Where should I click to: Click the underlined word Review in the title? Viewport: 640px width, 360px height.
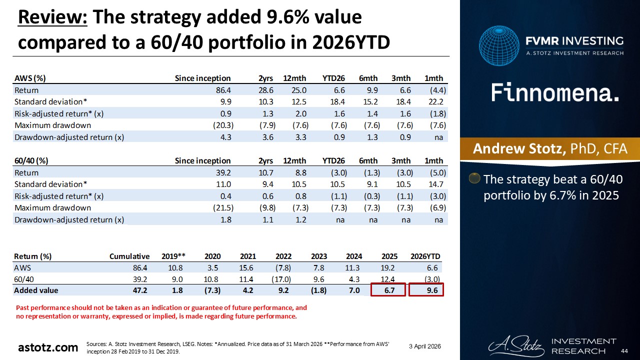(x=52, y=17)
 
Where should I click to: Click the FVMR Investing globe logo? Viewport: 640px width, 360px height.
(x=498, y=46)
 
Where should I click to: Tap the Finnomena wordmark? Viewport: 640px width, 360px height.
(x=555, y=92)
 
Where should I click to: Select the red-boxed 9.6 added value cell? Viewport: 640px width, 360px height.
(x=426, y=290)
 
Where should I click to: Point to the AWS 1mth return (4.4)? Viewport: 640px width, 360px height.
(x=434, y=90)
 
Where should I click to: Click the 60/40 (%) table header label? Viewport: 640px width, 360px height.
(x=31, y=160)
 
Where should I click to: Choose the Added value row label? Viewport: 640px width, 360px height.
(x=36, y=290)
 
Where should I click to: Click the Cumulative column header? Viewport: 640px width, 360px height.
(x=129, y=256)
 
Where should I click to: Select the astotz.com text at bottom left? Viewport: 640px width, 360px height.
(x=48, y=347)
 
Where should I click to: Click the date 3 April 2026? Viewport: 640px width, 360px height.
(x=424, y=346)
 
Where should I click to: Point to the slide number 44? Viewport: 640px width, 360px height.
(x=623, y=350)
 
